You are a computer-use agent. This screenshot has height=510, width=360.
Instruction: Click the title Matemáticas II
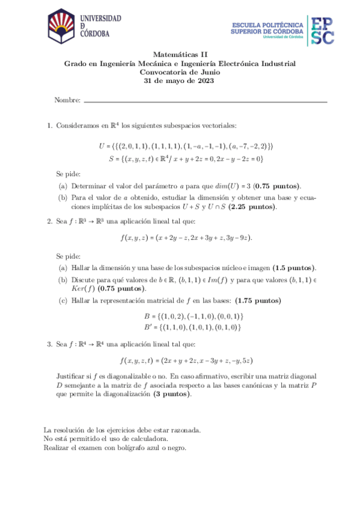(x=180, y=54)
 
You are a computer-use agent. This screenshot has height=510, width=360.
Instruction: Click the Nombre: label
(x=67, y=100)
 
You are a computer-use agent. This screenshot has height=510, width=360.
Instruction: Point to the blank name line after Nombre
(x=205, y=101)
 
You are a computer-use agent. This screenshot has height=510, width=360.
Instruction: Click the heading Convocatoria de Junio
(x=180, y=72)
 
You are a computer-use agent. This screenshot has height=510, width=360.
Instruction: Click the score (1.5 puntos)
(x=294, y=268)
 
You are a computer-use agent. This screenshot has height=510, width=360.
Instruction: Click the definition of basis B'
(x=192, y=328)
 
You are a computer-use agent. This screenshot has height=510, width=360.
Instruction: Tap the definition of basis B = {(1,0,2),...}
(x=192, y=316)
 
